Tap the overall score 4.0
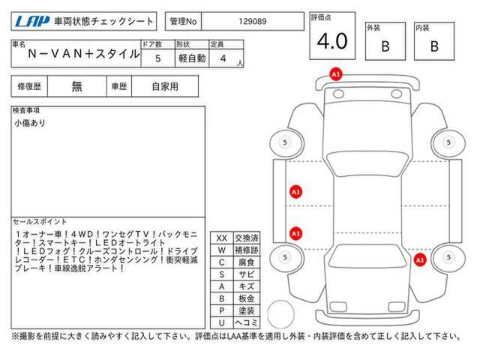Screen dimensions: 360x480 [332, 41]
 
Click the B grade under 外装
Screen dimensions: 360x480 [385, 46]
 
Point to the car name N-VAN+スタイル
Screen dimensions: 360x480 [82, 54]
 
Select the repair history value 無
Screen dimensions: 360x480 [77, 86]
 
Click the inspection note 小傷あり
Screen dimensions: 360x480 [30, 122]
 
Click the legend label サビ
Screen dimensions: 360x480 [244, 274]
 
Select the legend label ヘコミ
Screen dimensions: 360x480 [244, 322]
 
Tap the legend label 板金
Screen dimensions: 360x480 [244, 298]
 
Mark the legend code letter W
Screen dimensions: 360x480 [221, 250]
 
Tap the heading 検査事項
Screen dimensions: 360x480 [27, 110]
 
